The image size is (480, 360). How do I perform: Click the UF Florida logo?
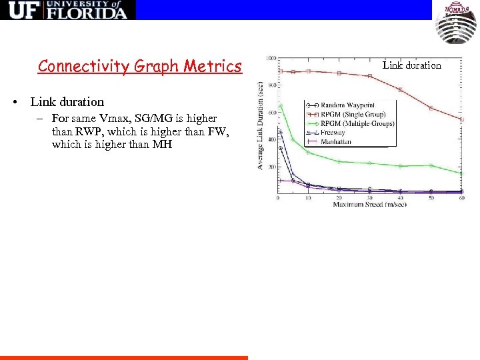click(x=67, y=10)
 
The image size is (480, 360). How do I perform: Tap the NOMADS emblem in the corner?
click(x=456, y=23)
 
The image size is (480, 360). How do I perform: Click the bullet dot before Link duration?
click(x=14, y=103)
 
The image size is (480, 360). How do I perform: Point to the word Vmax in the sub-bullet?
click(x=109, y=118)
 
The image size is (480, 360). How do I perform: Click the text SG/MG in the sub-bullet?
click(x=149, y=118)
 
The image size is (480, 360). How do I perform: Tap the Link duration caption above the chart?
click(x=411, y=65)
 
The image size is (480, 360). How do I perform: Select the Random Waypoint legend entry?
click(x=347, y=105)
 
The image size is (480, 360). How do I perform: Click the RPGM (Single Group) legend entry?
click(x=354, y=114)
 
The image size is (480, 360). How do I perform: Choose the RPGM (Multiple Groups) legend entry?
click(x=357, y=123)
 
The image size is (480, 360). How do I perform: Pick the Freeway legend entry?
click(x=333, y=133)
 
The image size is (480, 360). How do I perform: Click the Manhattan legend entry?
click(x=336, y=141)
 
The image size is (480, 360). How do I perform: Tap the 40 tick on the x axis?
click(x=400, y=198)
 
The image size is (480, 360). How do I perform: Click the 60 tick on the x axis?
click(x=461, y=198)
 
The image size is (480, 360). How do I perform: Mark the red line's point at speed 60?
click(x=461, y=119)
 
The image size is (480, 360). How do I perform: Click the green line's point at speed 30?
click(x=370, y=163)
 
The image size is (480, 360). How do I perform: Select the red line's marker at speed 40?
click(x=400, y=89)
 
